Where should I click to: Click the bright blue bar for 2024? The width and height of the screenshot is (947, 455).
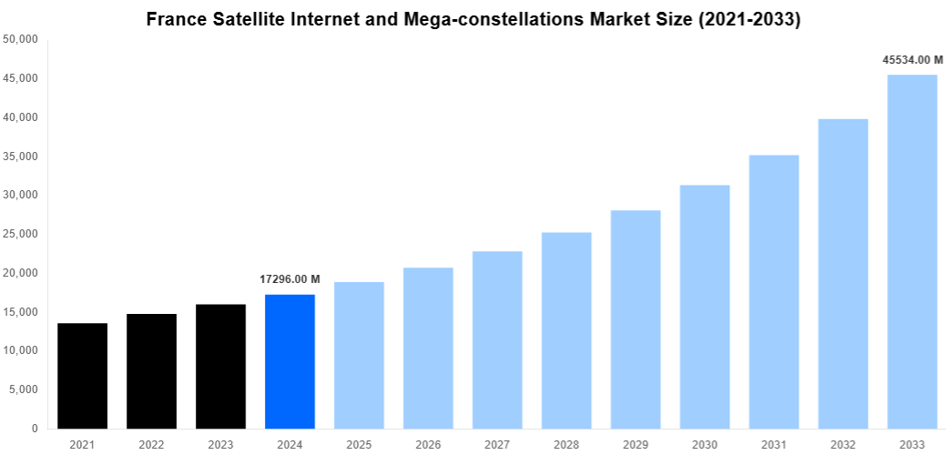(290, 361)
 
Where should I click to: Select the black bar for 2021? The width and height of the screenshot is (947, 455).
(82, 376)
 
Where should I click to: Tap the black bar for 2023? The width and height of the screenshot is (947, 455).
(220, 366)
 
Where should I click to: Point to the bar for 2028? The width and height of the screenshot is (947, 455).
(566, 330)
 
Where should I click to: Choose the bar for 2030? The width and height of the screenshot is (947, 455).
(705, 307)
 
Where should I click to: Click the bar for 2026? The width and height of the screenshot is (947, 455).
(428, 348)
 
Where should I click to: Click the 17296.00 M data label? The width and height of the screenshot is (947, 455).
(290, 278)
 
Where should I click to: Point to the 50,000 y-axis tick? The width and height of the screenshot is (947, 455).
(20, 40)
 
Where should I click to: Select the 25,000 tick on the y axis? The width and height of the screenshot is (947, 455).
(20, 234)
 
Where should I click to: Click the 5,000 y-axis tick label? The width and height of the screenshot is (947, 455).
(23, 389)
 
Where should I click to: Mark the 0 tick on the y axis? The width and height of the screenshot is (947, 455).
(34, 429)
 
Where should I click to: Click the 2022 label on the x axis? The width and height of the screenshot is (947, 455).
(151, 444)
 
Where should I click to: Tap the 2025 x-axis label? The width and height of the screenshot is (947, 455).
(359, 444)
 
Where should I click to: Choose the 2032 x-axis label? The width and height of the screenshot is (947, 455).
(843, 444)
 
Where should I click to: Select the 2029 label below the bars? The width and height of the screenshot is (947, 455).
(636, 444)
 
